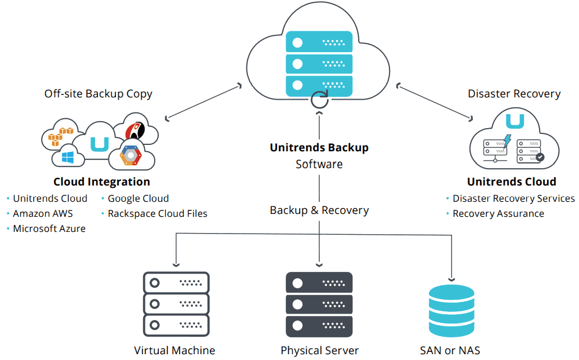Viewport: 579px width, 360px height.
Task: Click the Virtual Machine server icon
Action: click(x=176, y=304)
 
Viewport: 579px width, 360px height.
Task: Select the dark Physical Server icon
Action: click(x=319, y=304)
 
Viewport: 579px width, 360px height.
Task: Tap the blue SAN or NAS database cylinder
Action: click(x=451, y=311)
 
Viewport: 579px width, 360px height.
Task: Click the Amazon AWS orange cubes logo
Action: click(x=60, y=136)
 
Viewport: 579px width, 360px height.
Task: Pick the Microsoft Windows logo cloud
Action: click(x=68, y=158)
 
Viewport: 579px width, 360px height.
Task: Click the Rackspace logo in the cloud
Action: click(x=135, y=130)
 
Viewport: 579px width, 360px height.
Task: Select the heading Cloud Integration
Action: click(x=101, y=181)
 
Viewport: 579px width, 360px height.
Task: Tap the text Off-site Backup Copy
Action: click(x=98, y=94)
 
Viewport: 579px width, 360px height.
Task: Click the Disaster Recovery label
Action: click(x=514, y=94)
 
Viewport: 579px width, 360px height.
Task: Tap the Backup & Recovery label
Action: click(x=319, y=210)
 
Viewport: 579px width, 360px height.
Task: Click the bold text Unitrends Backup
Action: click(x=319, y=147)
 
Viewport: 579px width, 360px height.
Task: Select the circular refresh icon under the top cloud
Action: click(x=319, y=100)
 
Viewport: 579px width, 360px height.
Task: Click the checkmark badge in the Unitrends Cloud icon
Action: click(x=540, y=157)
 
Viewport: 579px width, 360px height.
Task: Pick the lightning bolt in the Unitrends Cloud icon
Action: click(x=508, y=141)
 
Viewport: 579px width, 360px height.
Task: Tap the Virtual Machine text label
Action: click(x=174, y=350)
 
